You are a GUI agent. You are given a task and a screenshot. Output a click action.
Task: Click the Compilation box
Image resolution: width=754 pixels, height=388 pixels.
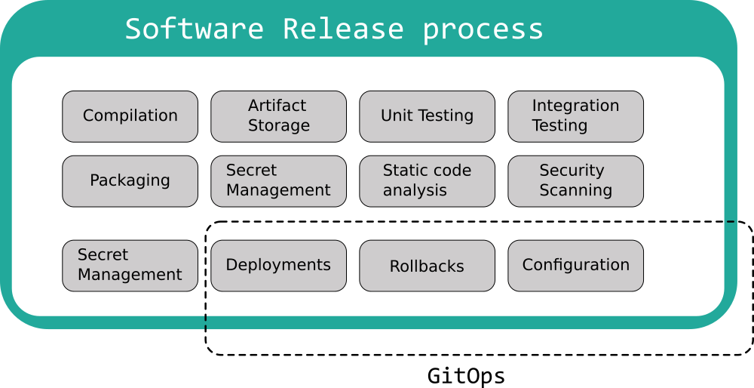(x=130, y=116)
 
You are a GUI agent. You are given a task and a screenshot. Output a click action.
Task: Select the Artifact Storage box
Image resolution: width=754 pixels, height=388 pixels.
(x=278, y=116)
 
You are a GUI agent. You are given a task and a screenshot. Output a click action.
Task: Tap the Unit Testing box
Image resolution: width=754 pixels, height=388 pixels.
(x=427, y=116)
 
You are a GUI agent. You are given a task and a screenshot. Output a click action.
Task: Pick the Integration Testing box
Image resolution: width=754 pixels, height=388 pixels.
(x=575, y=116)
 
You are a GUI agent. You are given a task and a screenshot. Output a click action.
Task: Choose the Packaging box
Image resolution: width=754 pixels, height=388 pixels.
(x=130, y=181)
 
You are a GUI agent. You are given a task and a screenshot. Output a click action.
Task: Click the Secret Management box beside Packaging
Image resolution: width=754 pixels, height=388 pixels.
(x=278, y=181)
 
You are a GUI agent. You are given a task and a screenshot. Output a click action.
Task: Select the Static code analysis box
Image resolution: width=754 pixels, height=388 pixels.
(x=427, y=181)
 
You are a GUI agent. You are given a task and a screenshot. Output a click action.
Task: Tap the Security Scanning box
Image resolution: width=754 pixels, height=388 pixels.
(x=575, y=181)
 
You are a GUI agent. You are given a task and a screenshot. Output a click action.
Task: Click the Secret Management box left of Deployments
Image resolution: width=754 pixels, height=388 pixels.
(x=130, y=266)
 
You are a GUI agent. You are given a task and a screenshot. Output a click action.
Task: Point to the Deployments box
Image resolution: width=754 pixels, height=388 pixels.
(x=278, y=266)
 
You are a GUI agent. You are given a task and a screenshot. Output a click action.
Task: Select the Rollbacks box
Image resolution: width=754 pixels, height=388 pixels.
(x=427, y=266)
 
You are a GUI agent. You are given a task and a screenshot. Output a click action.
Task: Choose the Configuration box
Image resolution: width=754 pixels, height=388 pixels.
(x=575, y=266)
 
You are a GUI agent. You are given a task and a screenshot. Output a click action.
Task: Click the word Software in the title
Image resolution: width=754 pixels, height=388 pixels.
(x=194, y=29)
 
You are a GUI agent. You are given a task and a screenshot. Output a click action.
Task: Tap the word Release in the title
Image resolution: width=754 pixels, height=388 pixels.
(x=343, y=29)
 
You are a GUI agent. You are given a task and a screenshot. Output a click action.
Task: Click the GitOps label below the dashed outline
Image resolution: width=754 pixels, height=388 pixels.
(x=466, y=376)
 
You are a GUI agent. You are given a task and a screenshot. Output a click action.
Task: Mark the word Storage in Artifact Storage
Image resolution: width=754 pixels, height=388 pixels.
(x=279, y=126)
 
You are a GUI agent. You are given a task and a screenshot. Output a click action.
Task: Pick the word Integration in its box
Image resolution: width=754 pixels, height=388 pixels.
(x=575, y=106)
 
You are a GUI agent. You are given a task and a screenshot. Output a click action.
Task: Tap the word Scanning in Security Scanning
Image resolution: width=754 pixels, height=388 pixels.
(x=575, y=191)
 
